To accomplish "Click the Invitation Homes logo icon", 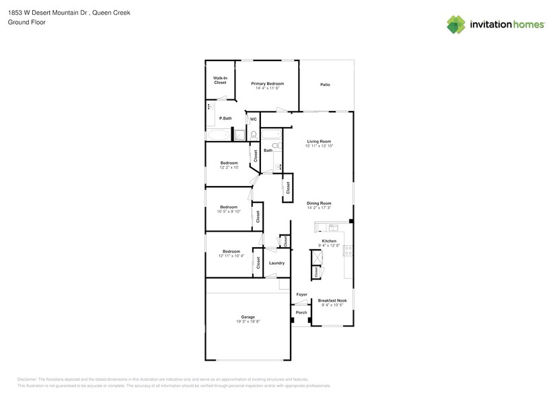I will click(456, 24).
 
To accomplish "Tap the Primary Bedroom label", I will click(266, 84).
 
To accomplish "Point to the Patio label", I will click(325, 85).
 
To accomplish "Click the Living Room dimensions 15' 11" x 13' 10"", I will click(319, 146).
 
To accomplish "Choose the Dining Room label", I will click(319, 203).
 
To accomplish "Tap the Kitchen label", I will click(329, 240).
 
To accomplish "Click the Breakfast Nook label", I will click(332, 300).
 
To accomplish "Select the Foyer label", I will click(301, 294).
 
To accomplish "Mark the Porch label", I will click(301, 312).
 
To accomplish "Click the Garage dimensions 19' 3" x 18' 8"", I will click(248, 322).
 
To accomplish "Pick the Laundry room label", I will click(276, 263).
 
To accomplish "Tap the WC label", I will click(253, 120).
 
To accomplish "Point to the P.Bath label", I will click(225, 118).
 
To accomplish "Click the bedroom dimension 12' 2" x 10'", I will click(229, 167).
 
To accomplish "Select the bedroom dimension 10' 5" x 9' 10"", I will click(229, 212).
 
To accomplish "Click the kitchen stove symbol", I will click(348, 251).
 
